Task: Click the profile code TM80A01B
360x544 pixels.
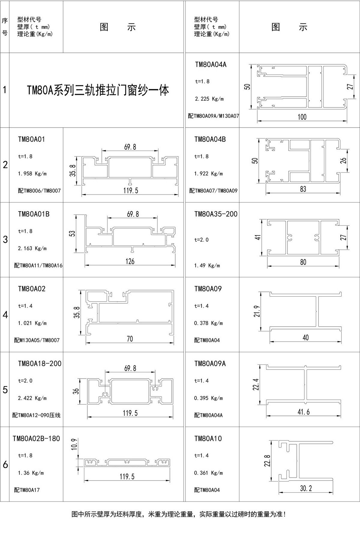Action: click(34, 214)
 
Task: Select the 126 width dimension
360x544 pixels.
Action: click(130, 261)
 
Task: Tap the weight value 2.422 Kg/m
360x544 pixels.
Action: click(32, 398)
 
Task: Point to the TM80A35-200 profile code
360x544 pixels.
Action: click(216, 214)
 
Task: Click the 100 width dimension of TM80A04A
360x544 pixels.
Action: click(302, 117)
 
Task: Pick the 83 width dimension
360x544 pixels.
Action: click(303, 189)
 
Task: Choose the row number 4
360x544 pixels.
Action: click(5, 315)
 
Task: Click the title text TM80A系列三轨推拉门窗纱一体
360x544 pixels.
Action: click(98, 90)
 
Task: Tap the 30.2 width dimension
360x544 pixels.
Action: click(306, 488)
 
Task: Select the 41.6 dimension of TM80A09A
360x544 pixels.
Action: click(303, 412)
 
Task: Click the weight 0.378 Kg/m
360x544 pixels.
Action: click(208, 323)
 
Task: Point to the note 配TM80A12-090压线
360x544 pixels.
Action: click(36, 415)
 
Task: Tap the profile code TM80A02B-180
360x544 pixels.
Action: click(36, 438)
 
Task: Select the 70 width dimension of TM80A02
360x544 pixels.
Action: click(130, 339)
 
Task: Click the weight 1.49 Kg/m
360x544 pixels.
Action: click(207, 265)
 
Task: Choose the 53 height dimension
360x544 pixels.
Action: click(72, 233)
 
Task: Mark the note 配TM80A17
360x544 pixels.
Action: click(27, 490)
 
